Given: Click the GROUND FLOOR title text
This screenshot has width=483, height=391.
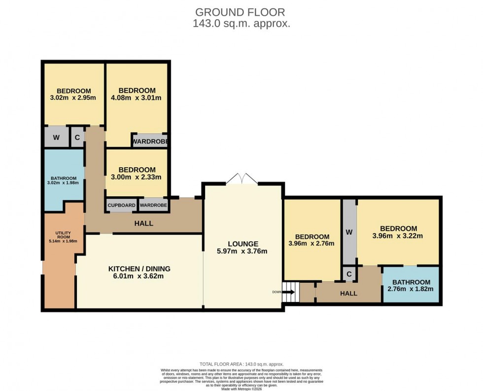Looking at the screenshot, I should click(241, 12).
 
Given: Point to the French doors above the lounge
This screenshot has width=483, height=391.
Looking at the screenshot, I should click(242, 180).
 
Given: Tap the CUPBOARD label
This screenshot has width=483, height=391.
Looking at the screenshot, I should click(121, 205).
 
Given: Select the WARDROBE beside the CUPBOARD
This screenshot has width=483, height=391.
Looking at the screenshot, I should click(153, 205).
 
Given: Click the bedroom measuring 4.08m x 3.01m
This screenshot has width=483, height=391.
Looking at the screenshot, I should click(137, 94).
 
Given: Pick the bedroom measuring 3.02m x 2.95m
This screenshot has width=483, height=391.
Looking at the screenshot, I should click(73, 94).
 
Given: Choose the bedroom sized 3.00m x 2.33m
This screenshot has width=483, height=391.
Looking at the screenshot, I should click(137, 173).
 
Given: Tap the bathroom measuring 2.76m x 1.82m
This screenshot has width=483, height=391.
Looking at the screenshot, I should click(411, 285).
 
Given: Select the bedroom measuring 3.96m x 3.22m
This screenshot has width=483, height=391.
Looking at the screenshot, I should click(398, 232).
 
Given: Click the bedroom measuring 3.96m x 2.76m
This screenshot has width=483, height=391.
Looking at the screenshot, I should click(312, 240).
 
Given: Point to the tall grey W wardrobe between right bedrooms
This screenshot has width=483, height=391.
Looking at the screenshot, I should click(349, 232).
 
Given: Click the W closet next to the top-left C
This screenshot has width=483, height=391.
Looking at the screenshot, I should click(56, 138).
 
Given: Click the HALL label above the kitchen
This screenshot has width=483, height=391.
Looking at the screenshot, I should click(143, 223).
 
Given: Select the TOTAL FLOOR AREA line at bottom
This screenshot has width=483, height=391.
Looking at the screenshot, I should click(241, 364).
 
